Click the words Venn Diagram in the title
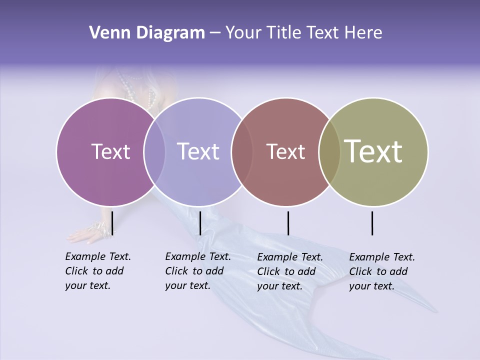[147, 33]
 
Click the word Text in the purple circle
[110, 151]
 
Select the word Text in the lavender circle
[198, 151]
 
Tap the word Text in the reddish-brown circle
[285, 151]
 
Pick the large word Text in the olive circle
[373, 151]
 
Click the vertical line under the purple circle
[112, 223]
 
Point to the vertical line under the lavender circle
[200, 223]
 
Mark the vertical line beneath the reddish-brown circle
[288, 223]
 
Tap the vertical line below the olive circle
[372, 223]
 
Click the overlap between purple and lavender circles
[154, 151]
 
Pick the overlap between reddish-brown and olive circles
[329, 151]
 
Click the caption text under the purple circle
[97, 271]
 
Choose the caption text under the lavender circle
[197, 271]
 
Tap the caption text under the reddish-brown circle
[289, 271]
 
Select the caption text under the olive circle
[381, 271]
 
